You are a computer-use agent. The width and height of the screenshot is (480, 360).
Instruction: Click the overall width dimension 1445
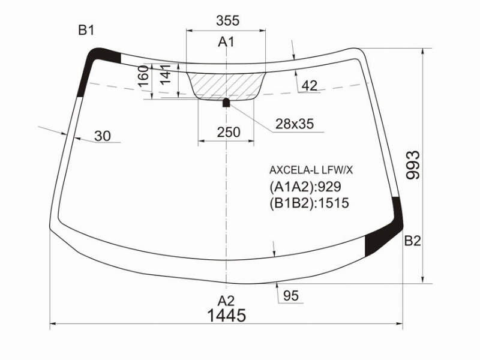pyautogui.click(x=227, y=315)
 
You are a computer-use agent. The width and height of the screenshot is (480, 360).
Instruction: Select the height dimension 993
pyautogui.click(x=413, y=164)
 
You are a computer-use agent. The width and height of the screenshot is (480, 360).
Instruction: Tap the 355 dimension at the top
pyautogui.click(x=227, y=20)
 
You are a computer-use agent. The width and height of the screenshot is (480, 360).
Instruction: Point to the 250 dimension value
pyautogui.click(x=229, y=132)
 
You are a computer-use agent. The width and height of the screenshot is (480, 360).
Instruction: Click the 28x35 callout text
pyautogui.click(x=295, y=124)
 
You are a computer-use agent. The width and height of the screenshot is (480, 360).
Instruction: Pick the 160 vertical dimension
pyautogui.click(x=143, y=76)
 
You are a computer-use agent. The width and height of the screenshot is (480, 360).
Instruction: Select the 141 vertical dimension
pyautogui.click(x=165, y=74)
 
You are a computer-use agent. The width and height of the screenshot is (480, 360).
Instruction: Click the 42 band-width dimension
pyautogui.click(x=310, y=86)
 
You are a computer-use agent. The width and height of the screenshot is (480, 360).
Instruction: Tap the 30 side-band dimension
pyautogui.click(x=103, y=136)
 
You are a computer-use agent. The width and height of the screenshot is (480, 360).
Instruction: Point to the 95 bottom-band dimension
pyautogui.click(x=291, y=296)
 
